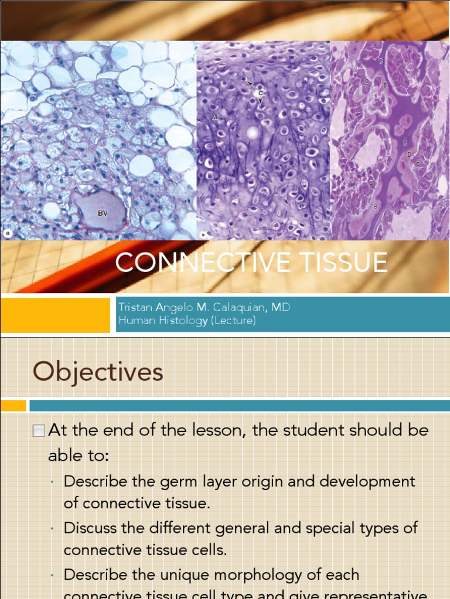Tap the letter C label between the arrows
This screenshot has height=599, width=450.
[260, 94]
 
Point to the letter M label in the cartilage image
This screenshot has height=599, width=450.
[215, 118]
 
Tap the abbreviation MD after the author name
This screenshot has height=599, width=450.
[280, 307]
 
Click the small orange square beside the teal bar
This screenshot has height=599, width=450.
[13, 405]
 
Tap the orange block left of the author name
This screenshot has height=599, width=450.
[55, 315]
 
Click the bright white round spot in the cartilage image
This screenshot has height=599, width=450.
[253, 133]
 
